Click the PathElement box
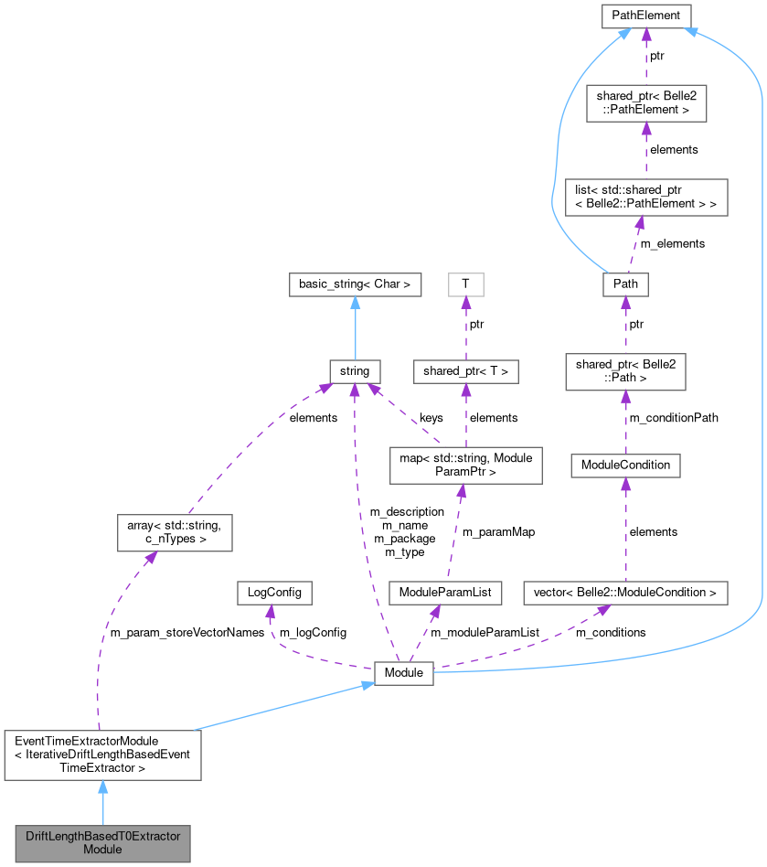(645, 16)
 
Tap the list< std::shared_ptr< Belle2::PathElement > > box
(645, 198)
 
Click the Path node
(625, 284)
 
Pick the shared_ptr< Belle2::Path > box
(625, 371)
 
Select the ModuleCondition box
(625, 465)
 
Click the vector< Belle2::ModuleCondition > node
(625, 593)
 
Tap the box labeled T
(465, 284)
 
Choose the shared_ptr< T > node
(465, 371)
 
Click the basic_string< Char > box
(355, 284)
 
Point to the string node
(355, 371)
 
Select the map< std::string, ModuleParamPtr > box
(465, 465)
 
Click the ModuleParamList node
(445, 593)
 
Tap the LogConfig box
(273, 593)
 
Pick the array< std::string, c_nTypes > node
(175, 532)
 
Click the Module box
(403, 672)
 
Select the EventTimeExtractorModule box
(102, 755)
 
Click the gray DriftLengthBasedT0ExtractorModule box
(102, 842)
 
